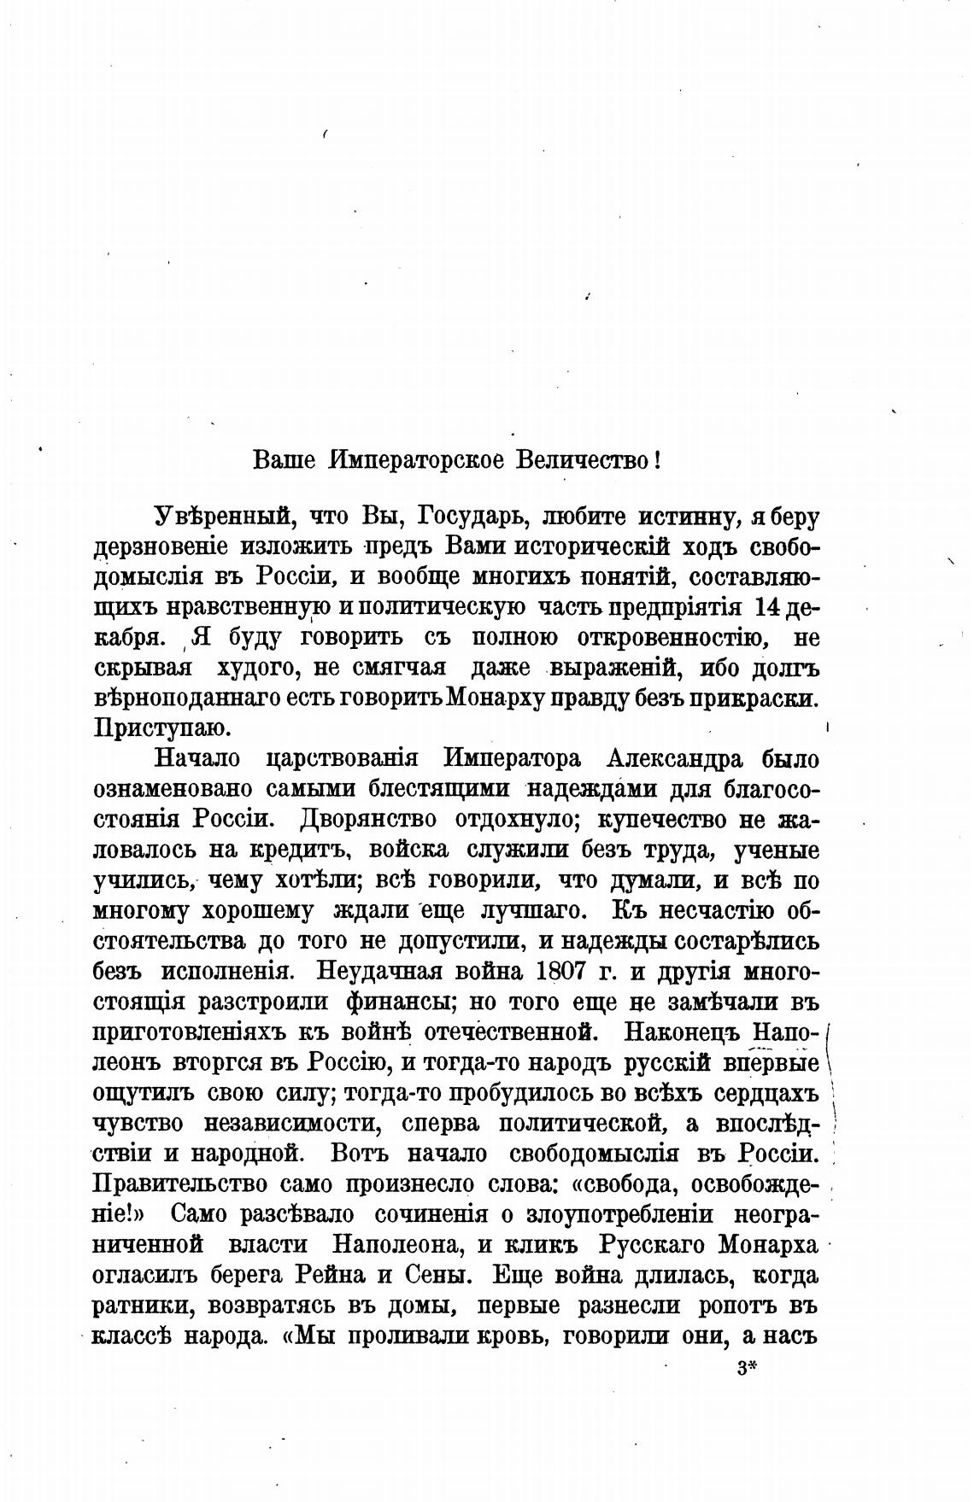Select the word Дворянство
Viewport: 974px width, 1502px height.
tap(369, 819)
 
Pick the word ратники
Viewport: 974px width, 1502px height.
tap(142, 1306)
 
